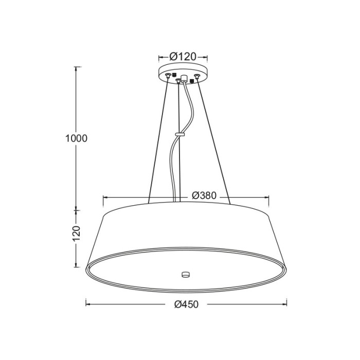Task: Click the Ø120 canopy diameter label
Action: click(x=183, y=57)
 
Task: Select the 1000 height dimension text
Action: click(x=77, y=138)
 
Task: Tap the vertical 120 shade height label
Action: click(x=77, y=234)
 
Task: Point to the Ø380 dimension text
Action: click(x=204, y=195)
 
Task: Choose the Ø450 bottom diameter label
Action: click(x=186, y=304)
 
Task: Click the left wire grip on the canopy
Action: click(x=168, y=75)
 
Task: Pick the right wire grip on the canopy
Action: click(x=196, y=76)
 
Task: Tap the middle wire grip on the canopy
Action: click(x=178, y=80)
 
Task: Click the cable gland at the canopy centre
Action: click(x=184, y=78)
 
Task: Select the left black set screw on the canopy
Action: click(x=174, y=75)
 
